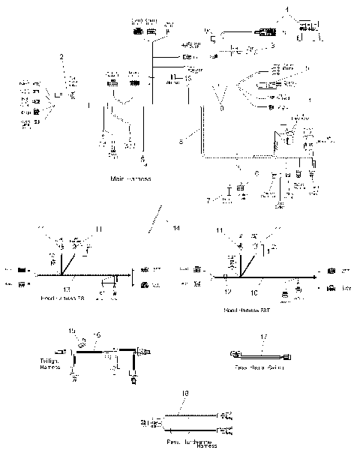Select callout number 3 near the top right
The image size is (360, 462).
click(274, 46)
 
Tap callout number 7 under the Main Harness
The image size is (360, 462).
click(209, 200)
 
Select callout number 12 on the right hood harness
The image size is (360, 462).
click(228, 289)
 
